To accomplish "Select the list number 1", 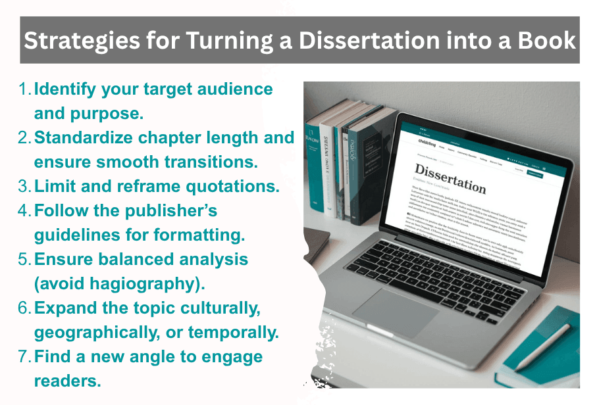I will click(25, 89).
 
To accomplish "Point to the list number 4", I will click(25, 211).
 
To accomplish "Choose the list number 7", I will click(25, 357).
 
